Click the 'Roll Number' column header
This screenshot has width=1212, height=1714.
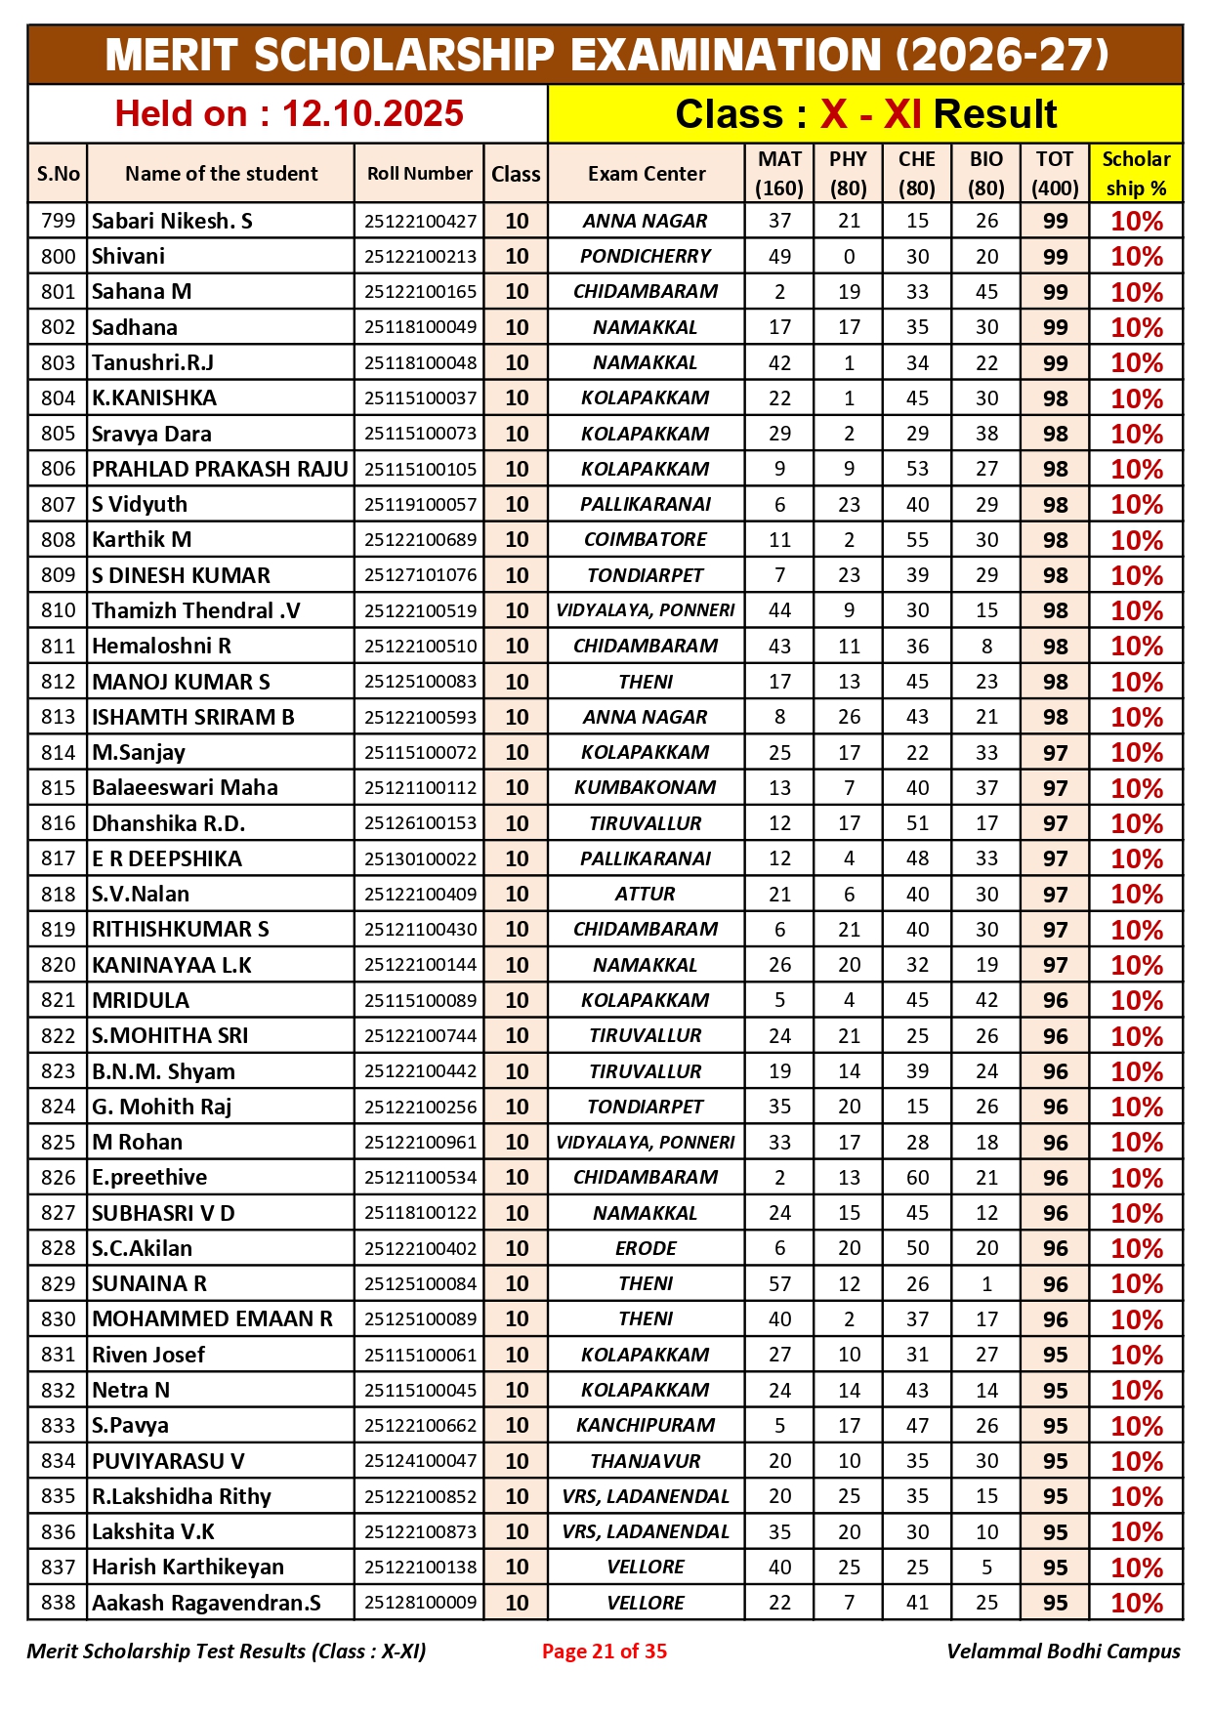tap(420, 174)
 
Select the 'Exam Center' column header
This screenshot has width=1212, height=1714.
tap(647, 174)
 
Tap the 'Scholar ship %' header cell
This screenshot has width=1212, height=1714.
tap(1136, 174)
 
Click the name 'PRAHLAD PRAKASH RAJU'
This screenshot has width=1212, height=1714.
tap(220, 469)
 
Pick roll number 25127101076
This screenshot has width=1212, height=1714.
tap(420, 575)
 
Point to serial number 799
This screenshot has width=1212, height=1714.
tap(58, 221)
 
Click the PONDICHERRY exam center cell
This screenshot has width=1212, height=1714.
tap(646, 256)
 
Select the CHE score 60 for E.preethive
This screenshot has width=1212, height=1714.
tap(917, 1177)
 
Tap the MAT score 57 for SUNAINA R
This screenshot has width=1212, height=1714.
tap(779, 1283)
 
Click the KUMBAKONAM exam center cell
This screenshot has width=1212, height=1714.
tap(646, 787)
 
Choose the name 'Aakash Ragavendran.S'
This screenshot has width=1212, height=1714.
tap(206, 1603)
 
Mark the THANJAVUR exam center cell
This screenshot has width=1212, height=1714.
tap(646, 1461)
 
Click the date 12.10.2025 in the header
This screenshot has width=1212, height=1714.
tap(372, 114)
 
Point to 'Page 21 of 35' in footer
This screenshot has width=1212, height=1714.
tap(605, 1651)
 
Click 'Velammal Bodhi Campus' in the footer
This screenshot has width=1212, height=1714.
tap(1063, 1651)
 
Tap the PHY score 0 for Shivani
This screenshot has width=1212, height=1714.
tap(849, 256)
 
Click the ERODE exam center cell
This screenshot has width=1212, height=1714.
tap(646, 1248)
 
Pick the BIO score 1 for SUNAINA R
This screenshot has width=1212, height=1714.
tap(986, 1283)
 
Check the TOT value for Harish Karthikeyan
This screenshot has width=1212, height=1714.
tap(1055, 1568)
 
